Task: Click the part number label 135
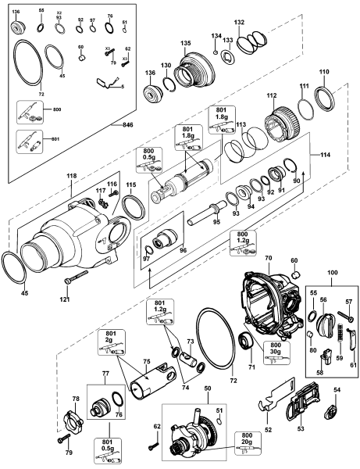pos(185,43)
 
